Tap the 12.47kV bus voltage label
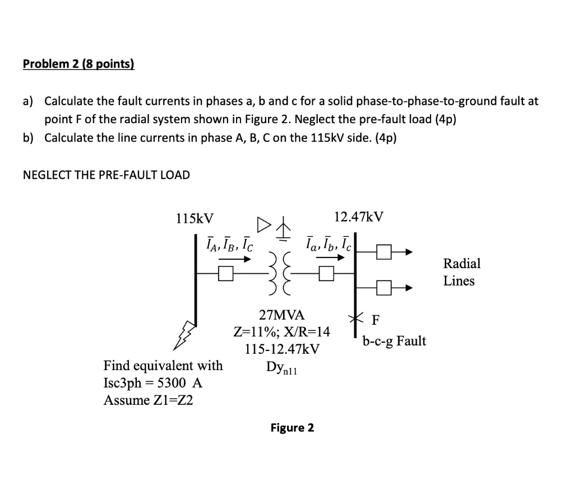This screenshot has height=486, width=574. point(359,217)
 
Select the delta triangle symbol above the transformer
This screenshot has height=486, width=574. point(263,226)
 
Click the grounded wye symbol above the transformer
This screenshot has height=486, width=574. point(285,230)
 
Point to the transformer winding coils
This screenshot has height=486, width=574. point(282,274)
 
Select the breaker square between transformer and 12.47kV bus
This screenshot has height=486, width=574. point(326,273)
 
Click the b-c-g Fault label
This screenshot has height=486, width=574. point(394,340)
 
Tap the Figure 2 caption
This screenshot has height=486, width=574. point(292,428)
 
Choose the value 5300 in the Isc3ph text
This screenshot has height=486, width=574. point(173,383)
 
